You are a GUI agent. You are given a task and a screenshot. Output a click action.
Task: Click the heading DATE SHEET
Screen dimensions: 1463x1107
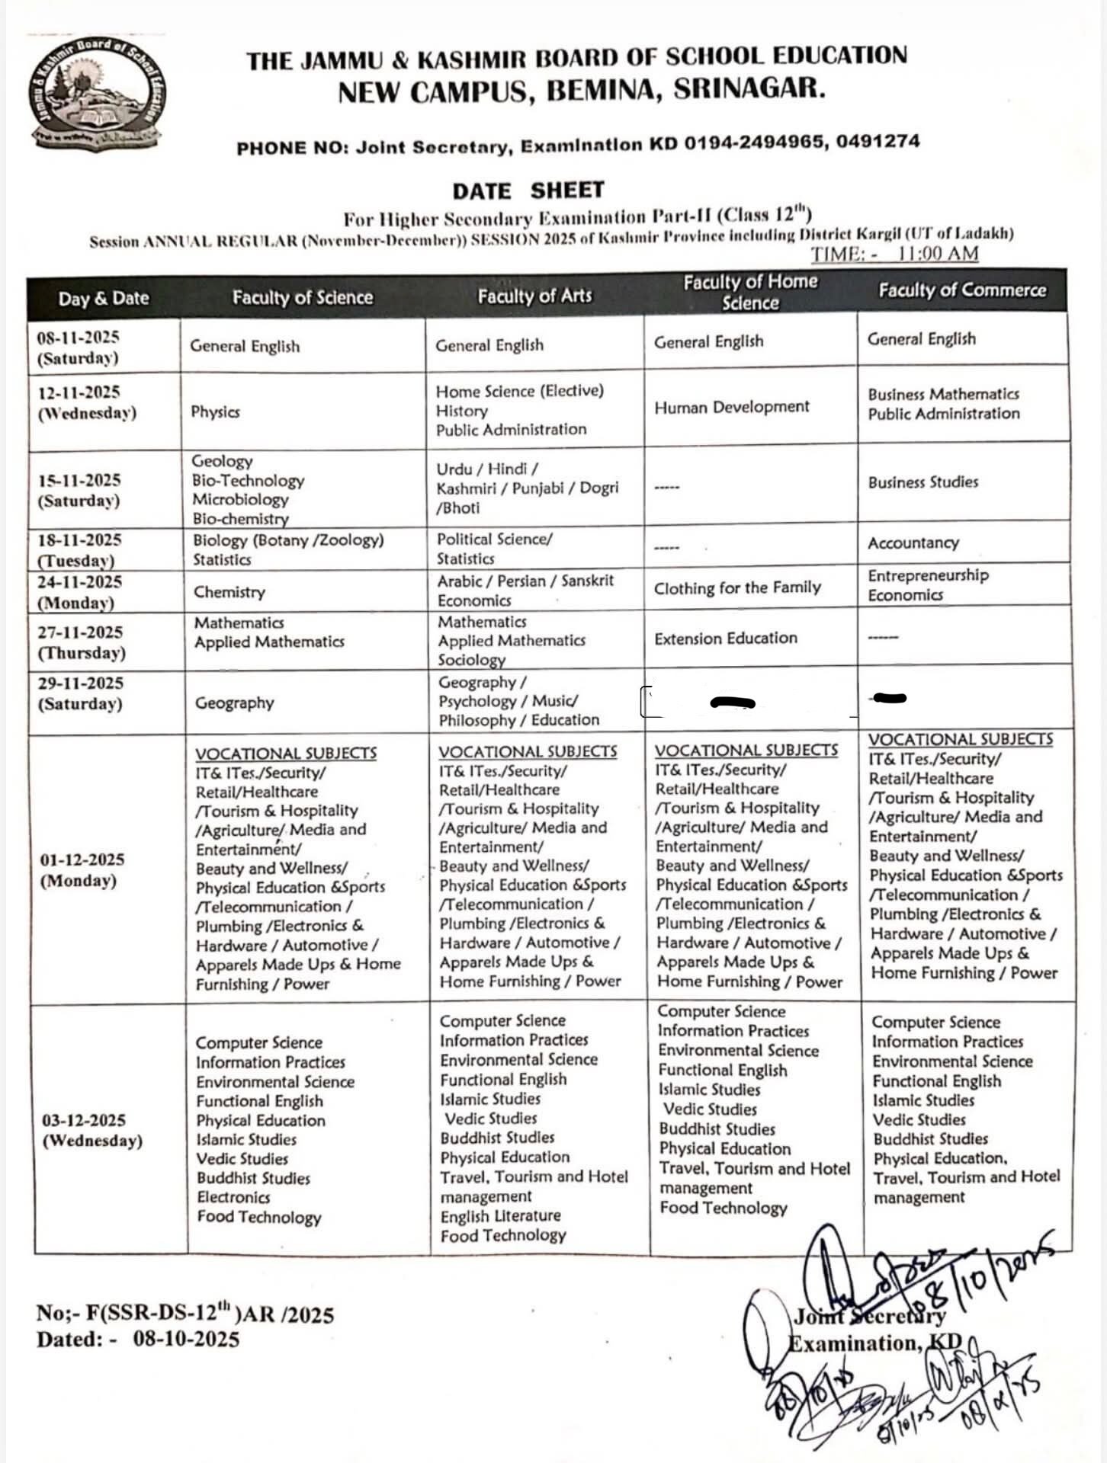tap(528, 190)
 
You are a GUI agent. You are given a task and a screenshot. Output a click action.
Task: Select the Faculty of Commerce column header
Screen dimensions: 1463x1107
tap(962, 290)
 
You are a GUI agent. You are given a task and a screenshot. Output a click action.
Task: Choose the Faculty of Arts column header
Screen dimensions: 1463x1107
tap(534, 296)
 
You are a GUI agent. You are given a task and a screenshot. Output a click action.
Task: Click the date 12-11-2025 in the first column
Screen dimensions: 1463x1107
tap(79, 392)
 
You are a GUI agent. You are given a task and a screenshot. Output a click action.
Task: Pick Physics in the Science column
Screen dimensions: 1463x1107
tap(215, 412)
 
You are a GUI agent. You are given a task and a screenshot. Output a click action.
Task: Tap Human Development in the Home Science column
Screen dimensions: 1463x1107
tap(731, 407)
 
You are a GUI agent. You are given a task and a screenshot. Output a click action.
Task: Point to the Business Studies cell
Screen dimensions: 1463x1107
tap(922, 482)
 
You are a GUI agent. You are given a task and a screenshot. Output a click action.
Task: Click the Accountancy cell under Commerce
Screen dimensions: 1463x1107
tap(913, 543)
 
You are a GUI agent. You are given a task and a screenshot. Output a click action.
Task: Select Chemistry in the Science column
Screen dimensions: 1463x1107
tap(229, 592)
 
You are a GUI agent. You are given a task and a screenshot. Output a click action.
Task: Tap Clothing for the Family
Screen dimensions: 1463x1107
tap(737, 588)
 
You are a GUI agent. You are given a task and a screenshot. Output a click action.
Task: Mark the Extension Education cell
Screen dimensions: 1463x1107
tap(725, 639)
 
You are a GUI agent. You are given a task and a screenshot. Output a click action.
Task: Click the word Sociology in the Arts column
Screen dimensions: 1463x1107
tap(471, 660)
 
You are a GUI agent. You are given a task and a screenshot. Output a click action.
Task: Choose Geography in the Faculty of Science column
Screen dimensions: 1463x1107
tap(234, 703)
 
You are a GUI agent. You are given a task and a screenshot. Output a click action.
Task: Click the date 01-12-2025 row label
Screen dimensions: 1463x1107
tap(82, 860)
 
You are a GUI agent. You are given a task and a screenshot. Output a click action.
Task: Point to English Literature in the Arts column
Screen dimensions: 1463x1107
tap(500, 1216)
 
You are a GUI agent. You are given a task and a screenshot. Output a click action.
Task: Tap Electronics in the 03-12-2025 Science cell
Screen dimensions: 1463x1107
tap(233, 1197)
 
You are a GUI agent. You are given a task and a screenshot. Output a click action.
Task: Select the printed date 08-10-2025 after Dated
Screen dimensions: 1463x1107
tap(186, 1340)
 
